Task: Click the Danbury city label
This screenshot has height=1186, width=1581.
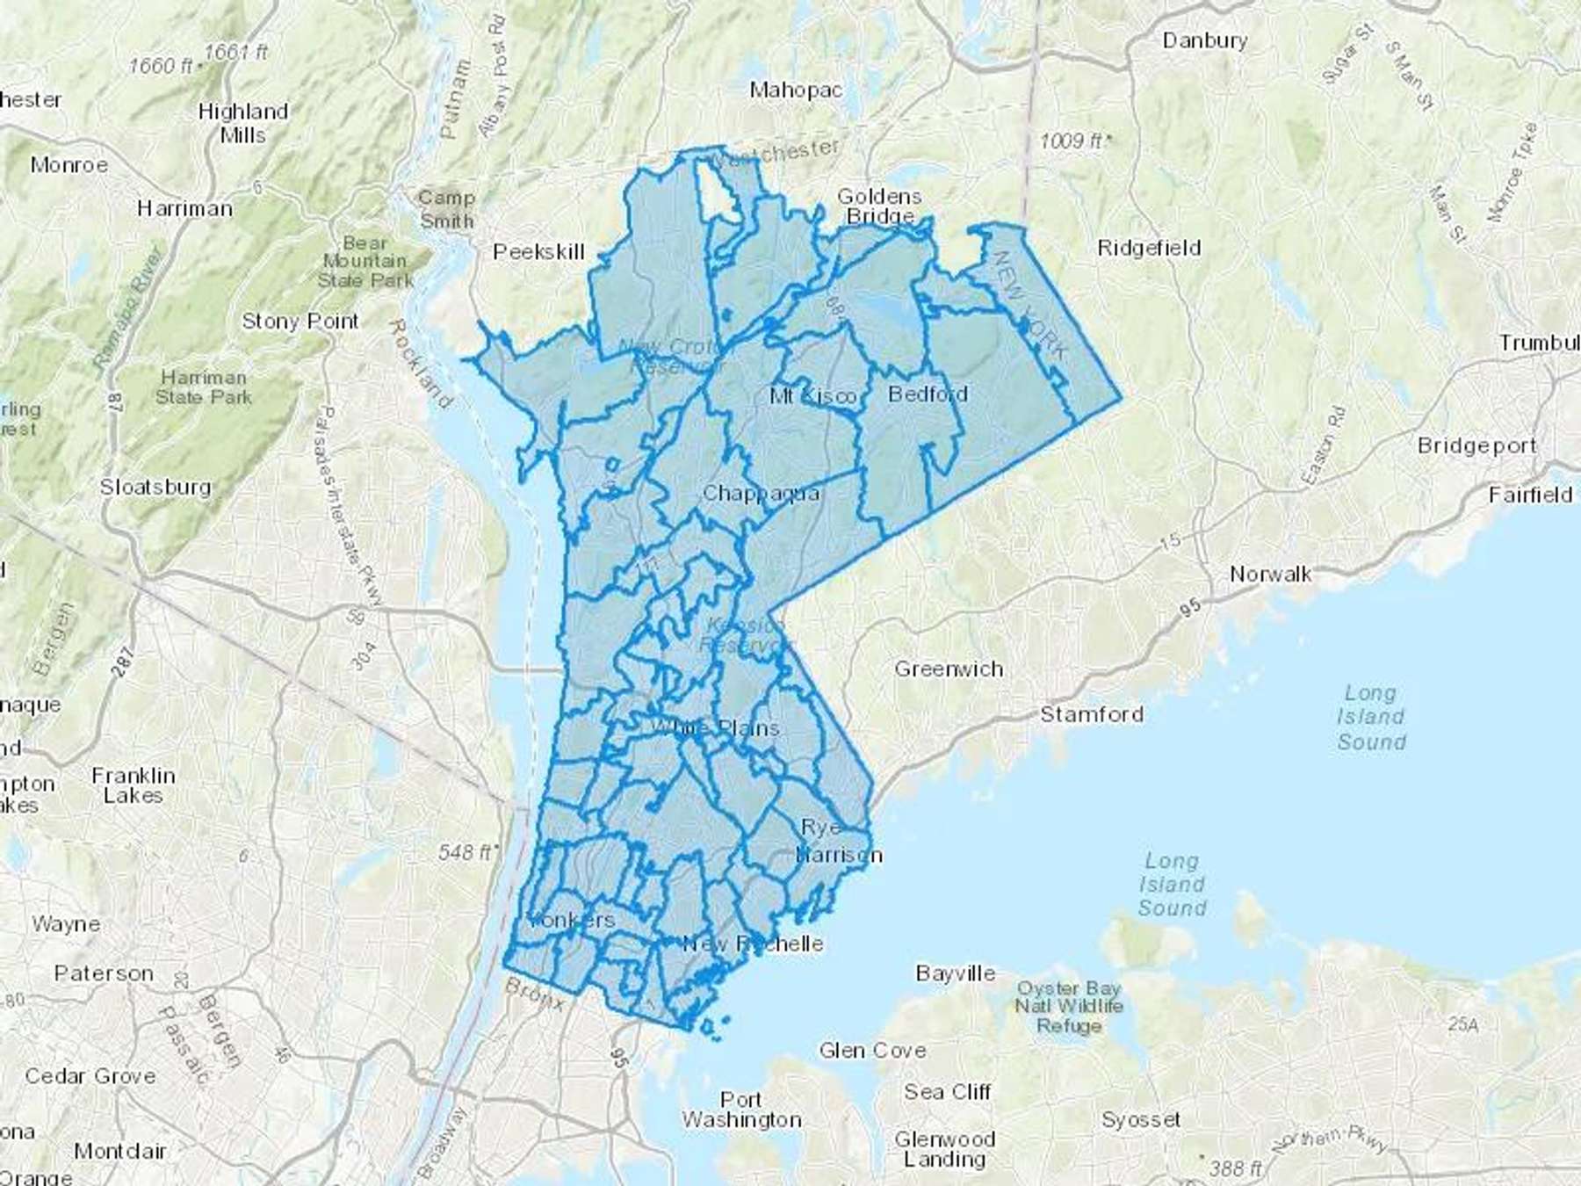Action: pyautogui.click(x=1204, y=40)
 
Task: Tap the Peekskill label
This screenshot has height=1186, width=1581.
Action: pyautogui.click(x=538, y=252)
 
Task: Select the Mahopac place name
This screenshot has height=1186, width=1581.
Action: pyautogui.click(x=796, y=90)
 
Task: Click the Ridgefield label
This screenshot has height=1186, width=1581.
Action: pyautogui.click(x=1149, y=249)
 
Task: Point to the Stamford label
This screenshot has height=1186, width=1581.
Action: pyautogui.click(x=1092, y=714)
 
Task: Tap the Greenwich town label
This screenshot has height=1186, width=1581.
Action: pyautogui.click(x=949, y=669)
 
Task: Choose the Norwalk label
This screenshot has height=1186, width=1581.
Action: pyautogui.click(x=1270, y=575)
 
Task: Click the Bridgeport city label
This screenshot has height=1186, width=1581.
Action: pyautogui.click(x=1476, y=446)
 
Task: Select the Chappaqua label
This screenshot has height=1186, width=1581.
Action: pyautogui.click(x=761, y=494)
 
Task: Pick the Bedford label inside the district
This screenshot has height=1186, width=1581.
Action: pyautogui.click(x=928, y=394)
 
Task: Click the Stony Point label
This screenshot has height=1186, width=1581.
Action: pyautogui.click(x=300, y=322)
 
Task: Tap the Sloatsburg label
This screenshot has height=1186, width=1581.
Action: pyautogui.click(x=155, y=487)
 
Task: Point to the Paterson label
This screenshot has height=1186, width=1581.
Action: pyautogui.click(x=104, y=973)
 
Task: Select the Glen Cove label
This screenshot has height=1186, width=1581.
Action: pyautogui.click(x=872, y=1051)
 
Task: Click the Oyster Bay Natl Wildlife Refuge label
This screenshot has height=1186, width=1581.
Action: pyautogui.click(x=1068, y=1007)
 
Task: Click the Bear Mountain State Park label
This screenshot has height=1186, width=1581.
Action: pyautogui.click(x=364, y=262)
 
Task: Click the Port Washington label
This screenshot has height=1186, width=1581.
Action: pyautogui.click(x=741, y=1110)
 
